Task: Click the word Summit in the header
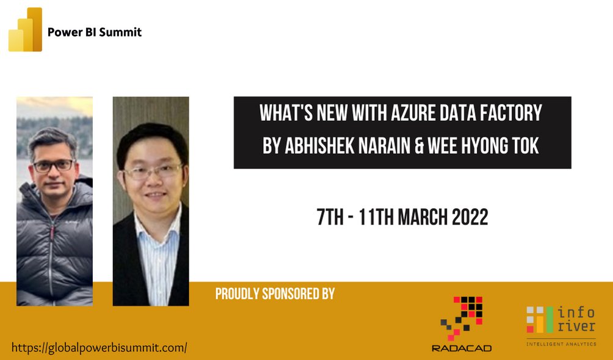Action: click(x=121, y=32)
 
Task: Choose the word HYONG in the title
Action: click(x=494, y=148)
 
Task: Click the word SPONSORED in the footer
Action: click(x=283, y=293)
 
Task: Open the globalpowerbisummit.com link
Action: click(x=99, y=348)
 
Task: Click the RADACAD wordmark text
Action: click(x=462, y=348)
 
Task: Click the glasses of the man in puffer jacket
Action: click(x=53, y=165)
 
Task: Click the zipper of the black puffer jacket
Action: click(x=54, y=244)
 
